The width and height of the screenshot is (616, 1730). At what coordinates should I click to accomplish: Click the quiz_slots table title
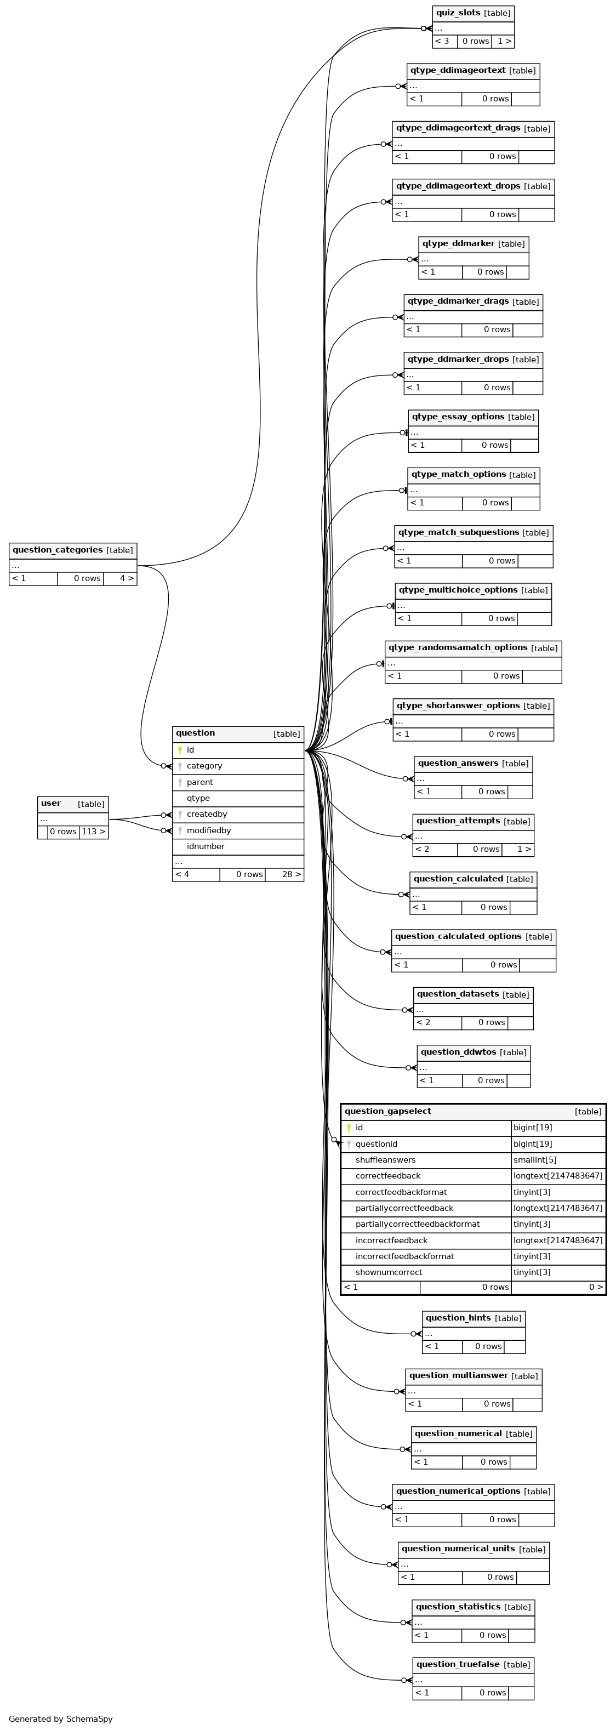[x=458, y=13]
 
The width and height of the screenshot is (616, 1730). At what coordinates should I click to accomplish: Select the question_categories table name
[x=58, y=550]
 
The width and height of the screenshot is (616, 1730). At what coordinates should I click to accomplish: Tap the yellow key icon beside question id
[x=180, y=750]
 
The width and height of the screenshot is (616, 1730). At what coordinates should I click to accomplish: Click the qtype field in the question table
[x=198, y=799]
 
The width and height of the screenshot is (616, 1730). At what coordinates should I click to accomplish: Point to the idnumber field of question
[x=206, y=847]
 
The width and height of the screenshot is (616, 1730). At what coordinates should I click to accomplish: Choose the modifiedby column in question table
[x=209, y=831]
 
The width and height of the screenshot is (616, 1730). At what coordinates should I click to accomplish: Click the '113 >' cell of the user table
[x=93, y=832]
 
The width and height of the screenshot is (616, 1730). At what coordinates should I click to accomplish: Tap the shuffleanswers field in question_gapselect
[x=386, y=1160]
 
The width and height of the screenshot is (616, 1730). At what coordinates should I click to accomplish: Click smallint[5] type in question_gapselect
[x=535, y=1160]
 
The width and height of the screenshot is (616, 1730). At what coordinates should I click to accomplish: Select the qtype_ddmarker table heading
[x=459, y=243]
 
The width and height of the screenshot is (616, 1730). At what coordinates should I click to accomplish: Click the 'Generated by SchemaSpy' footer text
[x=60, y=1718]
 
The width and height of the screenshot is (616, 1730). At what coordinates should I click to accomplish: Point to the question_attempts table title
[x=458, y=821]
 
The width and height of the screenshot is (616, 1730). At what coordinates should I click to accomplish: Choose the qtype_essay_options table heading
[x=458, y=417]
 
